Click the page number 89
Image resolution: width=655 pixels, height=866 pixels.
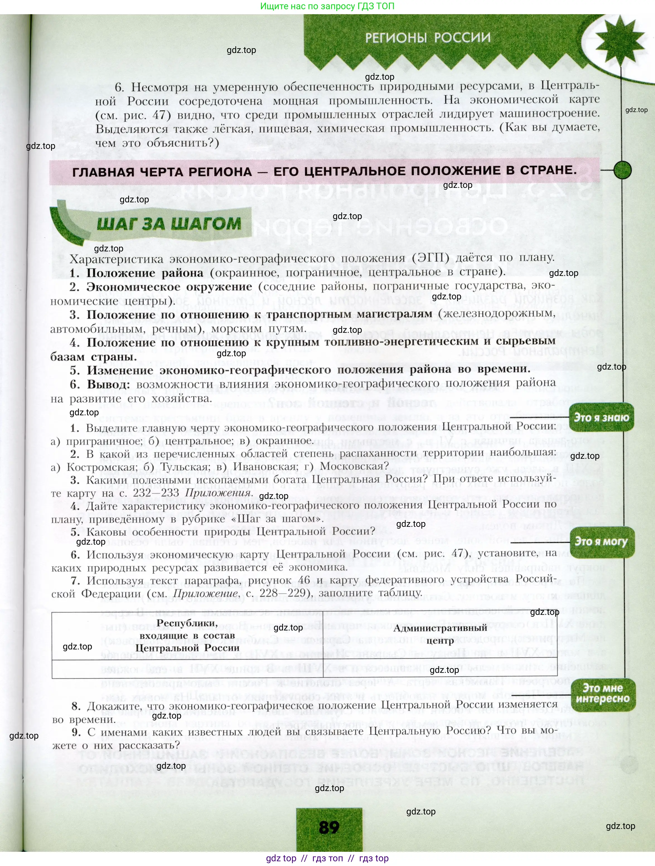329,827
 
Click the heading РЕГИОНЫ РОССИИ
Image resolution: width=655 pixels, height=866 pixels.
427,38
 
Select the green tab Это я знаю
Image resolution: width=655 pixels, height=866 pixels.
601,417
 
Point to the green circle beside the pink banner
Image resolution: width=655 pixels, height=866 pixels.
622,170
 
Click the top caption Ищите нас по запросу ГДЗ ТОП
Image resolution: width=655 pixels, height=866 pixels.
327,6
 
